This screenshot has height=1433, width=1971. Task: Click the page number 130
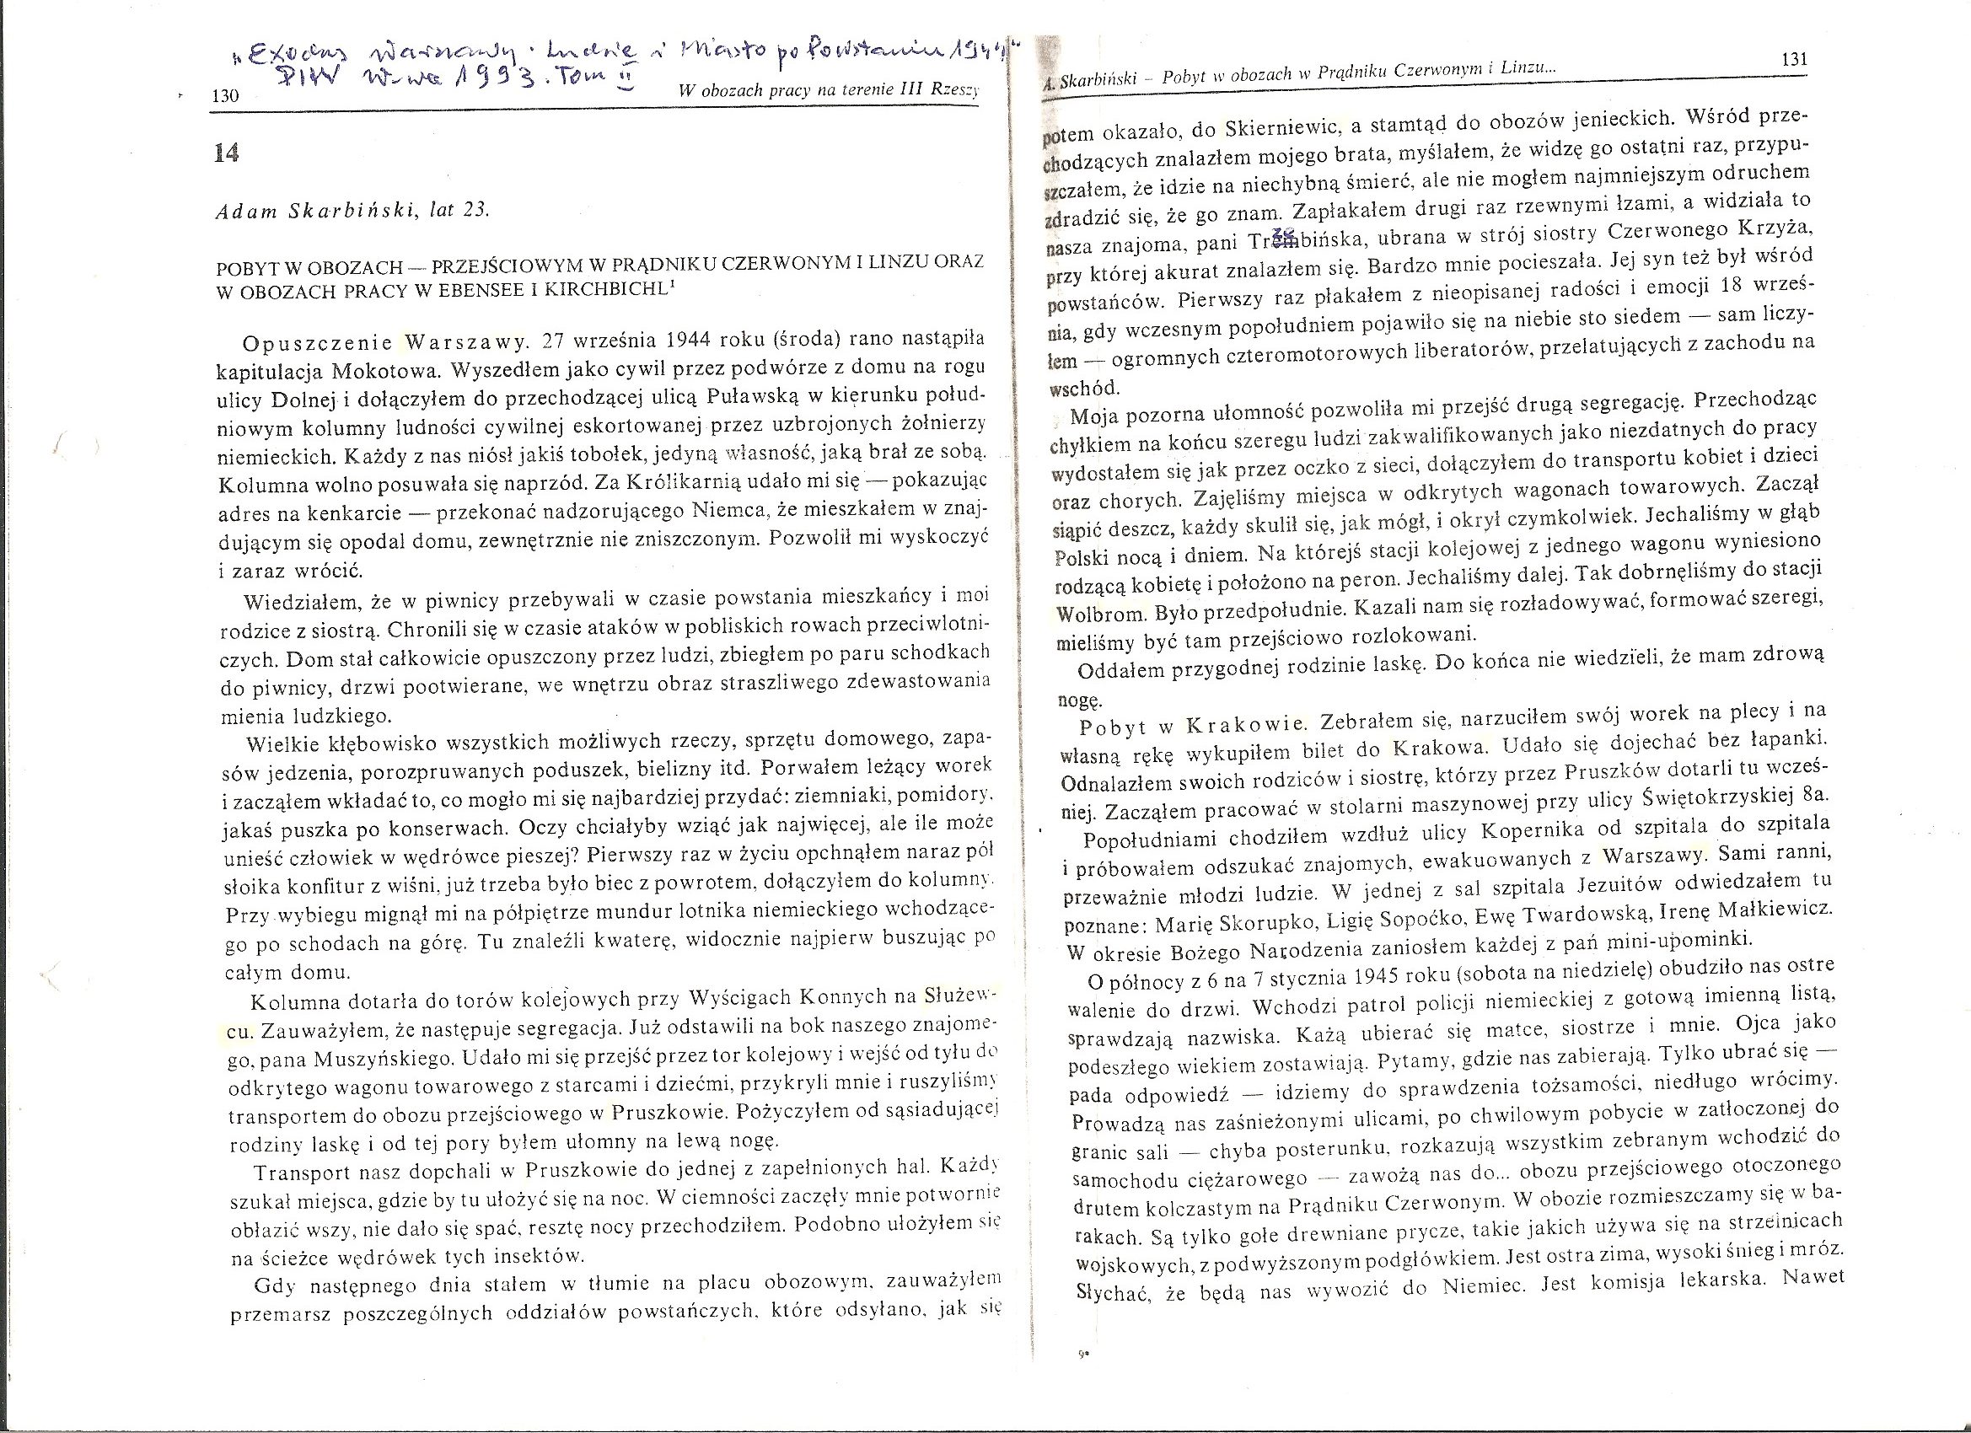tap(225, 96)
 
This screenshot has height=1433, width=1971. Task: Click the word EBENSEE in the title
tap(528, 291)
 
